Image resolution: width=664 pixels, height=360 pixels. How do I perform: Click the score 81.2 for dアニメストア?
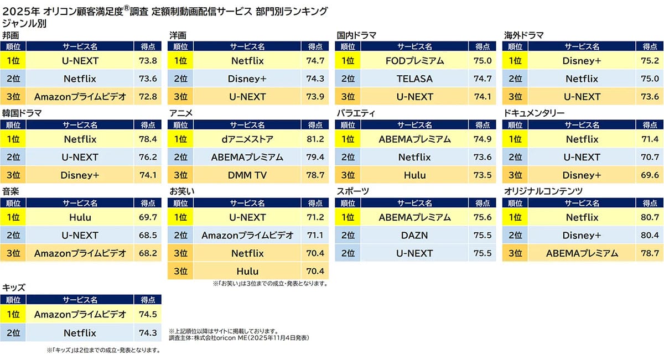315,139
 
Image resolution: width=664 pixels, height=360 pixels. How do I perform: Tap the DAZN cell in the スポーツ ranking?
414,235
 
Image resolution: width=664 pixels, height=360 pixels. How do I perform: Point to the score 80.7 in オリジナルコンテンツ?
649,217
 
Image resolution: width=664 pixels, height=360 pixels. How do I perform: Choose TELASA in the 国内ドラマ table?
414,79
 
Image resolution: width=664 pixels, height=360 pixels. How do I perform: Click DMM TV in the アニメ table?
247,175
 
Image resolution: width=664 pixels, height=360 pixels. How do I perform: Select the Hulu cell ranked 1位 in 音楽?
80,217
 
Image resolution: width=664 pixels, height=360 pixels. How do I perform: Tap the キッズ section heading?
14,288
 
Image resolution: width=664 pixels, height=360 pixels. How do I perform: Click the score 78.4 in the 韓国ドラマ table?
148,139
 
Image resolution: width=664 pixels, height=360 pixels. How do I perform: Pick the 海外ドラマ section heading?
523,35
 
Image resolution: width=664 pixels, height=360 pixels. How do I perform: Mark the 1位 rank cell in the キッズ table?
13,315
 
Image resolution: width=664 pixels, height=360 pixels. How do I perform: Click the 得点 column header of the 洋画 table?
315,47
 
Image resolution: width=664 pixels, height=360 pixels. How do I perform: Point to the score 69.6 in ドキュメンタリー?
649,175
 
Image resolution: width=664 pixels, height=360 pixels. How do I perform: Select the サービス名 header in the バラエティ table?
414,125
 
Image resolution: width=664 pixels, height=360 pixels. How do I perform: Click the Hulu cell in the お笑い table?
247,271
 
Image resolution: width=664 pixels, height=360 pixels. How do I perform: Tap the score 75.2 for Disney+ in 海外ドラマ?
649,61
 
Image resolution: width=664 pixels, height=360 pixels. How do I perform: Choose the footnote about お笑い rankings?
270,284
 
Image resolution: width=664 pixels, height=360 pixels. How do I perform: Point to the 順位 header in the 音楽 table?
13,203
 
